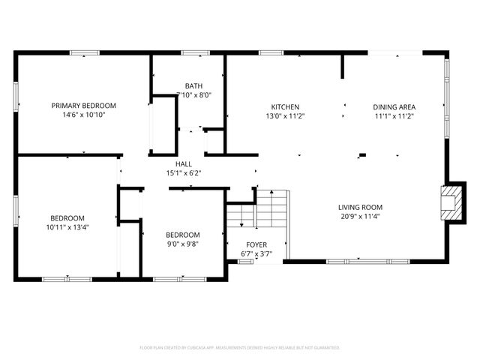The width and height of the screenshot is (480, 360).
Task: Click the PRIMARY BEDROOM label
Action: point(83,106)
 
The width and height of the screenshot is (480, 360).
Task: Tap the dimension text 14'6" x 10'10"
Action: point(83,115)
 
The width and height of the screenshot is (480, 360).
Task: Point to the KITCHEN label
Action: point(285,106)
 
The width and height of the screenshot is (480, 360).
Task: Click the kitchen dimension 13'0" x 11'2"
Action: point(285,116)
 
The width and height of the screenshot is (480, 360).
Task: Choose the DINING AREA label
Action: point(394,106)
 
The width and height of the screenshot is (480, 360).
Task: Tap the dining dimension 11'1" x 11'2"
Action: point(394,116)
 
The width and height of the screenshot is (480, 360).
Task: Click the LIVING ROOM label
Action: point(360,207)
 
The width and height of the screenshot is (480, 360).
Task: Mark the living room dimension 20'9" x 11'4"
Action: point(360,217)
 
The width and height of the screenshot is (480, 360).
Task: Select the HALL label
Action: point(183,163)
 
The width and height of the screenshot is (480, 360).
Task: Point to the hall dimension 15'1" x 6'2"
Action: point(183,173)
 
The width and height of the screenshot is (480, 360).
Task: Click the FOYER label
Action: point(256,244)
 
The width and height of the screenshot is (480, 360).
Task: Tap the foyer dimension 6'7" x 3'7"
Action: point(256,254)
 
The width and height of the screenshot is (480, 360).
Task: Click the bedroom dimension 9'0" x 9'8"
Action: point(183,244)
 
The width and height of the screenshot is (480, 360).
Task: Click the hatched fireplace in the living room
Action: point(450,202)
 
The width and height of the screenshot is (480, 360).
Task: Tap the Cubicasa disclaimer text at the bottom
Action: point(240,347)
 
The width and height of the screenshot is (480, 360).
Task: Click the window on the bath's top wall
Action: point(195,52)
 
